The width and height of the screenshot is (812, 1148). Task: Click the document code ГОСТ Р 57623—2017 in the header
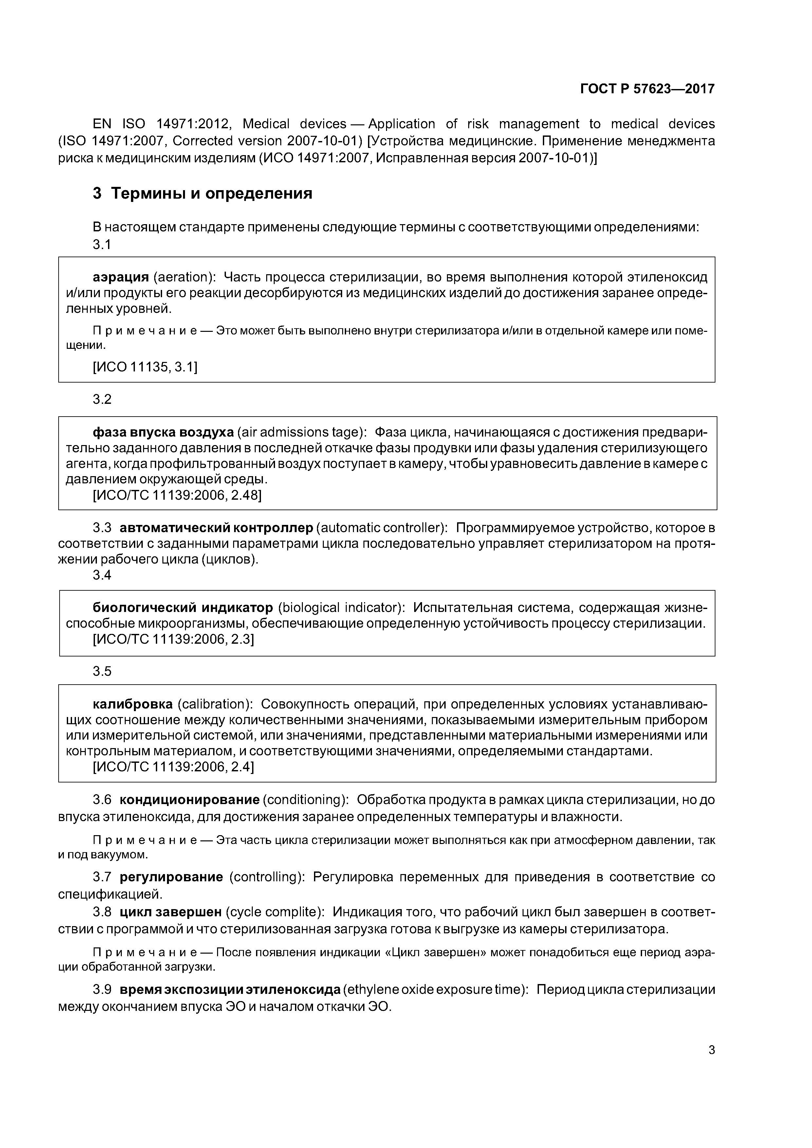[647, 89]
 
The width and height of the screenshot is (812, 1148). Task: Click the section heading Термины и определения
[211, 193]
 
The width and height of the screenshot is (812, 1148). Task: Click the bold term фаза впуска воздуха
[163, 432]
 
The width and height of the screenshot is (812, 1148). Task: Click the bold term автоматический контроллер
[216, 528]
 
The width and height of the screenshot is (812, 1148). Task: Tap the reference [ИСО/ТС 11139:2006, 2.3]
[174, 639]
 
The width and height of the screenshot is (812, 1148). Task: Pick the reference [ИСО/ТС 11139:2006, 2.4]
[174, 767]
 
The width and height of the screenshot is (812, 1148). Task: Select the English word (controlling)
[267, 877]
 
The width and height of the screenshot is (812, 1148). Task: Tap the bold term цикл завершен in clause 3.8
[170, 912]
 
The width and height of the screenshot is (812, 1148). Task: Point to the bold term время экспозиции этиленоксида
[230, 990]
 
